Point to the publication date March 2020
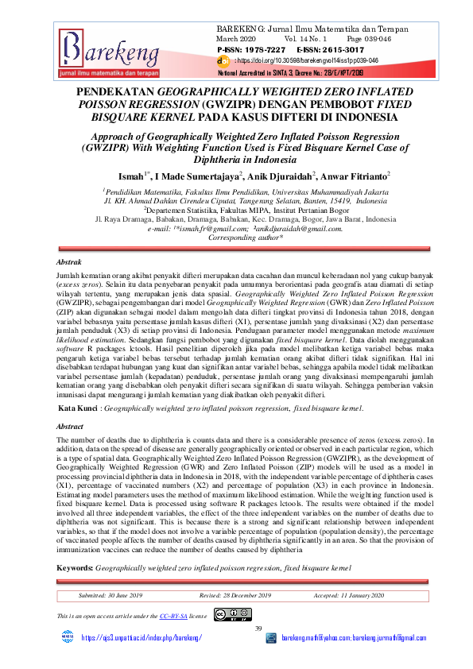236,38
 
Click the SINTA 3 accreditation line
301,71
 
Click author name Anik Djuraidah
277,174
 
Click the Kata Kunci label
81,407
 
